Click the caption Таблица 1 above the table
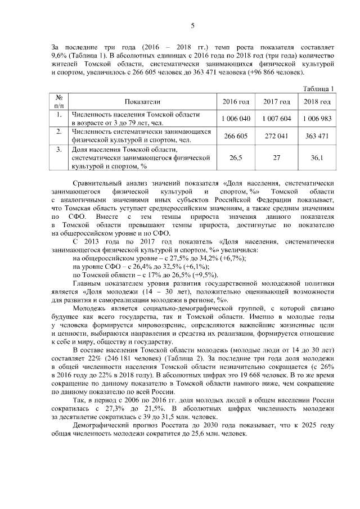point(319,89)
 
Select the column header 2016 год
point(236,101)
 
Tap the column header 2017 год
point(277,101)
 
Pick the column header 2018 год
point(317,101)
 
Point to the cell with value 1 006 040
point(236,119)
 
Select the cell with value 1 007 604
point(277,119)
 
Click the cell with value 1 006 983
point(317,119)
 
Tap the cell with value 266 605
point(236,136)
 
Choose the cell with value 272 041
point(277,136)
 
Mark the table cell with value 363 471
point(317,136)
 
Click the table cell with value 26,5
point(236,158)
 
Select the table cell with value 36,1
point(317,158)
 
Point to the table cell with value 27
point(277,158)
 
